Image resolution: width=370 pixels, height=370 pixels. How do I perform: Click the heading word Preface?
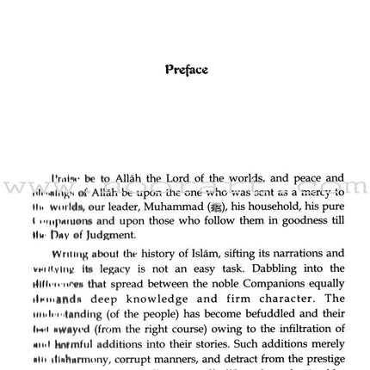click(186, 70)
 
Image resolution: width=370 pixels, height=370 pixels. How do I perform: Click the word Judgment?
click(109, 235)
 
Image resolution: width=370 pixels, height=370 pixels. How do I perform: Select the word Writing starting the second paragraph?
click(70, 254)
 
